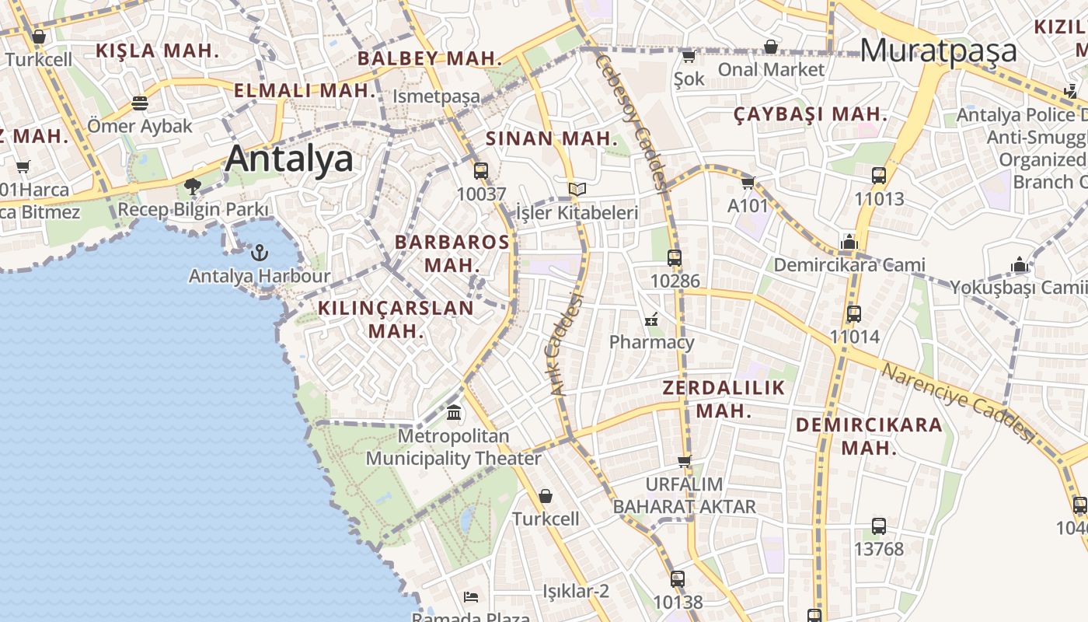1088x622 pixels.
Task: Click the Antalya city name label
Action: click(289, 159)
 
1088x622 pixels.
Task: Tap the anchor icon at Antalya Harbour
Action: click(260, 252)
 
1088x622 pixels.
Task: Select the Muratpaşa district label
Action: click(938, 51)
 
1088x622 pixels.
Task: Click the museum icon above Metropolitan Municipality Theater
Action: click(454, 412)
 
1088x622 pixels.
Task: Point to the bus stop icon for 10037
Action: click(481, 171)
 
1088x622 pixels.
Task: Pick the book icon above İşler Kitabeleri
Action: click(577, 189)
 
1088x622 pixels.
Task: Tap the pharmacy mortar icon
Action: click(651, 319)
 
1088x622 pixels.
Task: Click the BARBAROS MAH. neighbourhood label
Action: click(452, 253)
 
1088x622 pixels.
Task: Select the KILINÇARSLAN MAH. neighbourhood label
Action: click(396, 319)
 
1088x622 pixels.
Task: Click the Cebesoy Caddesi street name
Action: click(632, 121)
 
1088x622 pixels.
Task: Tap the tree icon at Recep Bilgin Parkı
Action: click(193, 187)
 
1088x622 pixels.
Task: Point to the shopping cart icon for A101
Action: click(748, 183)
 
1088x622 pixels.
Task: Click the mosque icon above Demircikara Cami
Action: click(849, 242)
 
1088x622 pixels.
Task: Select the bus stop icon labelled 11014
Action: click(854, 314)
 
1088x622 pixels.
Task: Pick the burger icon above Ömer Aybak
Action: click(140, 103)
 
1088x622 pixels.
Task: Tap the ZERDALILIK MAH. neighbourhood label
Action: click(724, 399)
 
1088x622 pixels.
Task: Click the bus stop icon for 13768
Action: click(878, 526)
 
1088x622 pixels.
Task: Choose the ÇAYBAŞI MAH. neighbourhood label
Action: click(810, 114)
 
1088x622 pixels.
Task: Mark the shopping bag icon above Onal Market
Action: click(770, 47)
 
